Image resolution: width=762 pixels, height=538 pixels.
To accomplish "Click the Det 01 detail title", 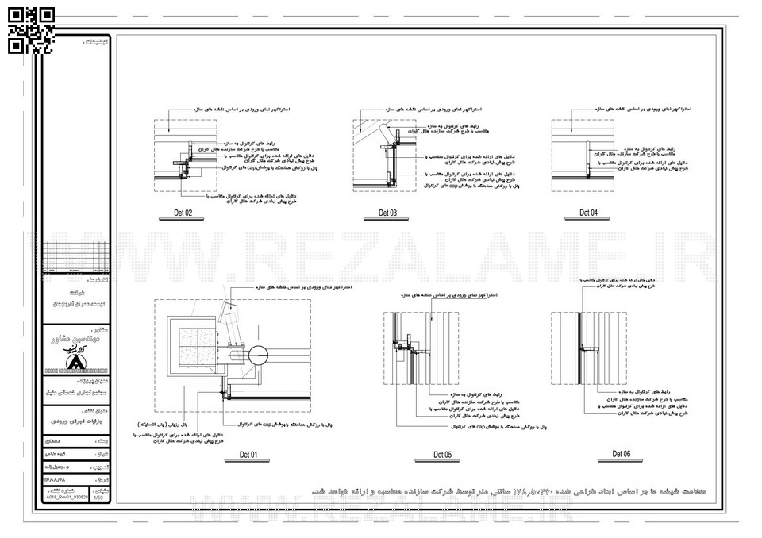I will click(249, 455).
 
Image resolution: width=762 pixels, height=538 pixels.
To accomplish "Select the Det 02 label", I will click(183, 213).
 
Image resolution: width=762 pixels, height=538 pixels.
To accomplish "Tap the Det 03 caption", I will click(387, 213).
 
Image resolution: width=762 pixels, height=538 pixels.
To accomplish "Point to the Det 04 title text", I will click(588, 213).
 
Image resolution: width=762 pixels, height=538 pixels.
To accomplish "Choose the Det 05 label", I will click(442, 455).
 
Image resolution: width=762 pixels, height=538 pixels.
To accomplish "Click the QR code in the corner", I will click(32, 29).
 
